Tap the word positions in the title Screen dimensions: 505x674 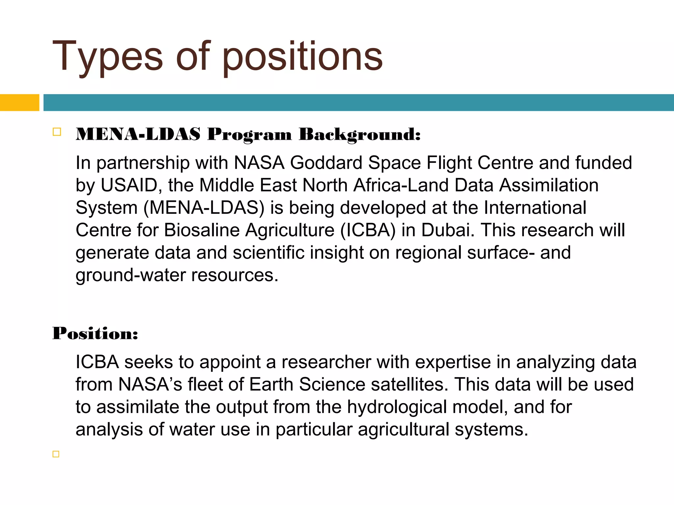[302, 57]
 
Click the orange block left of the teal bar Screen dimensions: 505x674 [19, 103]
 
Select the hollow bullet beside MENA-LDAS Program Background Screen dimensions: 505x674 [57, 132]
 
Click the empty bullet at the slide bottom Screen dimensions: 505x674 [56, 454]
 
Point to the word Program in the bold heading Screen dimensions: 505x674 [249, 134]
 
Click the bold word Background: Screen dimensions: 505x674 [360, 134]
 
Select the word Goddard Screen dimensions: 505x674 [326, 163]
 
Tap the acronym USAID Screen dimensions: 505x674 [129, 185]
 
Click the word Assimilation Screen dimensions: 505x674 [549, 185]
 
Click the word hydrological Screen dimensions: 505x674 [397, 407]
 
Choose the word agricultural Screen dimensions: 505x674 [403, 429]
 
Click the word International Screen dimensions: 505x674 [535, 207]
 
